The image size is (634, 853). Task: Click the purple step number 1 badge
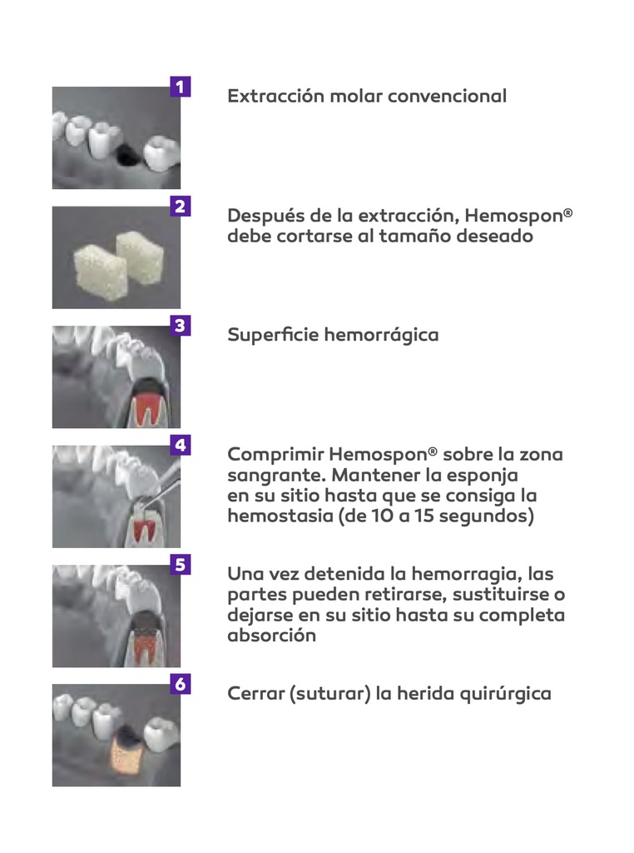click(x=181, y=87)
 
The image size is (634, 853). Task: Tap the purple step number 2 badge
click(x=181, y=207)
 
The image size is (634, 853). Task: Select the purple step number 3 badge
click(x=181, y=326)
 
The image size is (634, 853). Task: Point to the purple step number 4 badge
click(x=181, y=446)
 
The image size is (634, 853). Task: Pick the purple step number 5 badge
click(x=181, y=565)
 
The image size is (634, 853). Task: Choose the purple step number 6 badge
click(x=181, y=685)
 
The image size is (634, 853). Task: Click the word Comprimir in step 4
click(x=275, y=455)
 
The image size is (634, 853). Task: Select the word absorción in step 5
click(x=272, y=635)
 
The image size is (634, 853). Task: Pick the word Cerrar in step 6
click(x=255, y=694)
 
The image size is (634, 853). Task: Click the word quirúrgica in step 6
click(x=508, y=694)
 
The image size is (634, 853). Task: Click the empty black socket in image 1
click(x=127, y=155)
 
